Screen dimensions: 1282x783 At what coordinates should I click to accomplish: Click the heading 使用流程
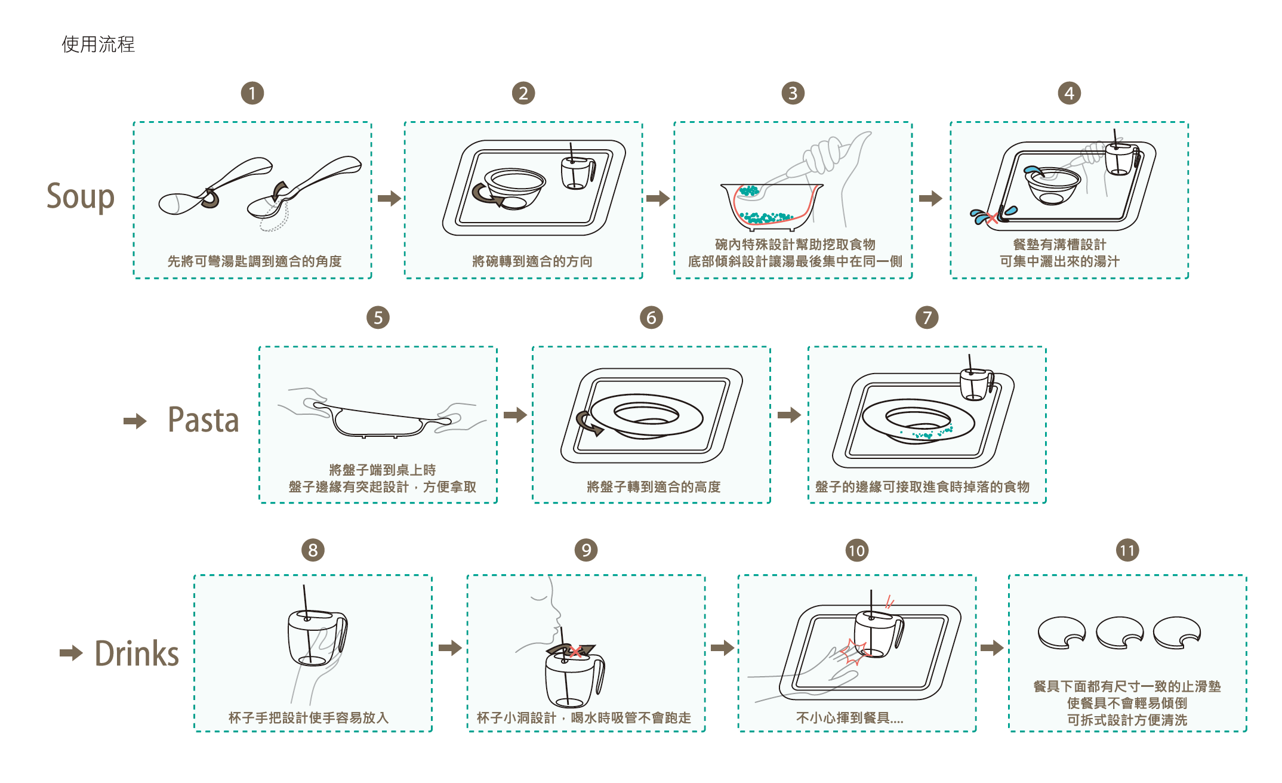[x=98, y=44]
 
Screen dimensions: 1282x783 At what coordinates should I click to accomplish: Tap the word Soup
[x=81, y=196]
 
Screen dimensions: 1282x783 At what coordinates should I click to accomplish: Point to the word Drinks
[x=137, y=653]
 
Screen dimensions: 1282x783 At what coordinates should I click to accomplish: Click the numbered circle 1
[x=252, y=93]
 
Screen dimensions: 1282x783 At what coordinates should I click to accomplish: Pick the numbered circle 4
[x=1069, y=93]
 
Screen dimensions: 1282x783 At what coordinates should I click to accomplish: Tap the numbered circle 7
[x=927, y=317]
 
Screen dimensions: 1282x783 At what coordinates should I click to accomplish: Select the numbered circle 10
[x=856, y=550]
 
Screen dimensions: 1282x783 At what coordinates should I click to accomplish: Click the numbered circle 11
[x=1127, y=550]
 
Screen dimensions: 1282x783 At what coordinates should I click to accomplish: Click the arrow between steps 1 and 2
[x=389, y=198]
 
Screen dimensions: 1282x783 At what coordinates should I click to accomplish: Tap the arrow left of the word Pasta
[x=135, y=421]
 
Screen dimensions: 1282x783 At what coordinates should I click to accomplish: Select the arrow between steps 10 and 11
[x=992, y=648]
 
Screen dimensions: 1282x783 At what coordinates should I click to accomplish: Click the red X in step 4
[x=991, y=218]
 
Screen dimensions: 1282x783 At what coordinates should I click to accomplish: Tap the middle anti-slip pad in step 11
[x=1120, y=633]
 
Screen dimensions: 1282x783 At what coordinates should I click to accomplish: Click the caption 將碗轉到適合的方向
[x=532, y=261]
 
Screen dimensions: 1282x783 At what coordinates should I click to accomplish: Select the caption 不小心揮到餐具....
[x=850, y=718]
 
